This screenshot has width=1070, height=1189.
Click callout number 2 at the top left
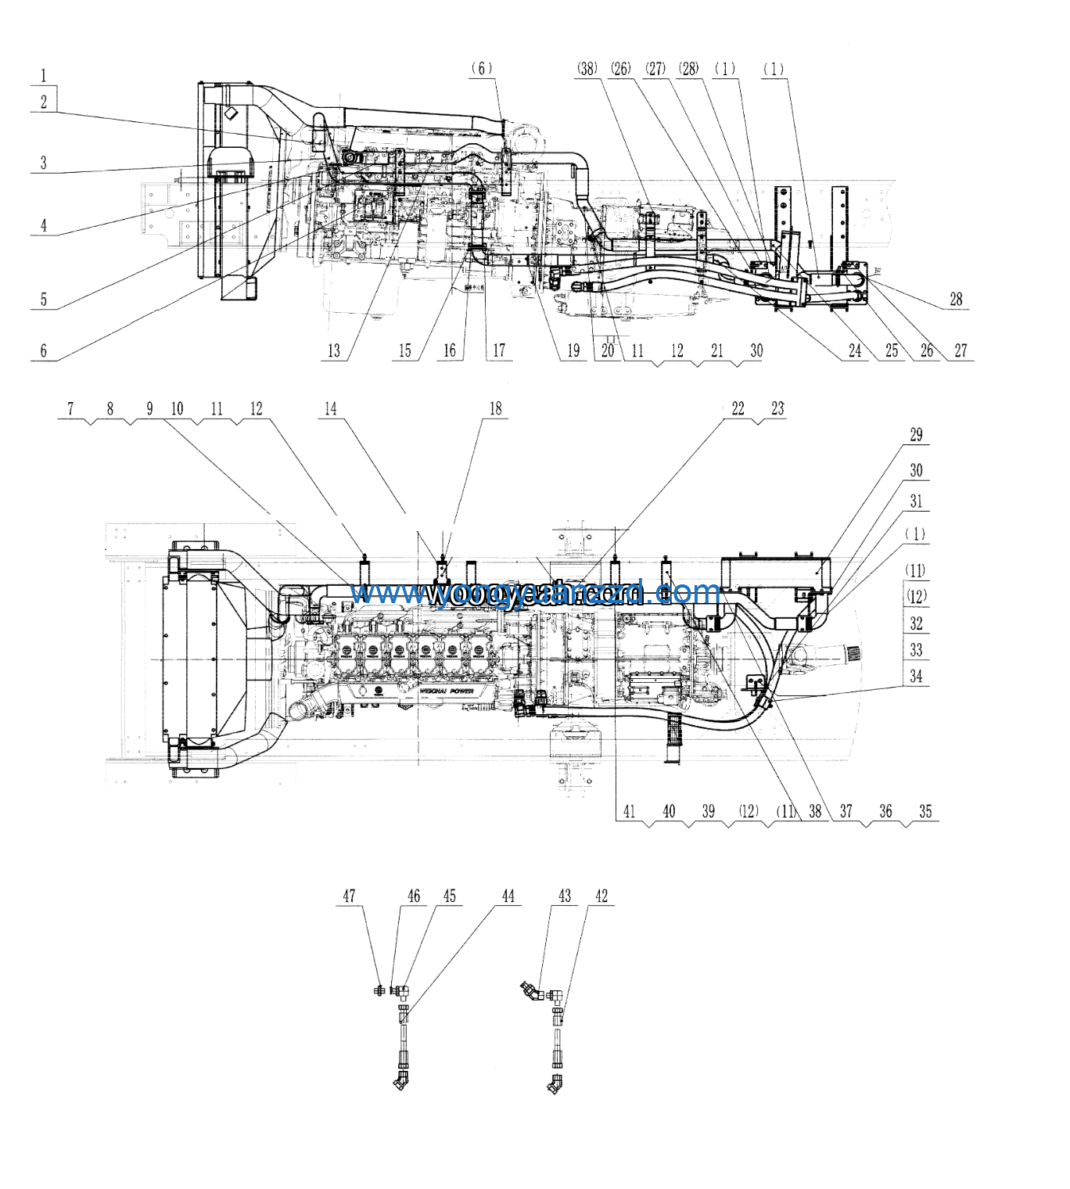(x=44, y=101)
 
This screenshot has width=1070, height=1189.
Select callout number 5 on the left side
(x=44, y=299)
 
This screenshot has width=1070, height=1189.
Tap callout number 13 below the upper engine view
(x=334, y=350)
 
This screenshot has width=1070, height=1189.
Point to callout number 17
(x=498, y=350)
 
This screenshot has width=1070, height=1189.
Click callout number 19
(x=573, y=350)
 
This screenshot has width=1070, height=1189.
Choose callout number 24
(x=855, y=350)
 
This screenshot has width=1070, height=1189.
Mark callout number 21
(x=717, y=350)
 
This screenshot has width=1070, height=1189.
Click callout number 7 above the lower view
(x=70, y=408)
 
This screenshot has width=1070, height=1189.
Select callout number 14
(x=331, y=408)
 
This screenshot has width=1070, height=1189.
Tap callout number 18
(x=495, y=408)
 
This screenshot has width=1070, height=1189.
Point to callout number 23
(x=777, y=408)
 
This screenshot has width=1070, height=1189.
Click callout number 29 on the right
(x=916, y=435)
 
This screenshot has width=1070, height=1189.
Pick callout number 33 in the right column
(x=916, y=650)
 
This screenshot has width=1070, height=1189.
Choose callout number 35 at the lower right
(x=925, y=811)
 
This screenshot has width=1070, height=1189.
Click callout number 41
(x=629, y=811)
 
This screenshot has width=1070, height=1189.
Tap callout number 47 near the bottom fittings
(x=349, y=896)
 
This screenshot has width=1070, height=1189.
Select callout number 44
(x=508, y=896)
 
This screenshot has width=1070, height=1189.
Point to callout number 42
(x=601, y=896)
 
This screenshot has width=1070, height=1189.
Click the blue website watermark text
(x=535, y=593)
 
